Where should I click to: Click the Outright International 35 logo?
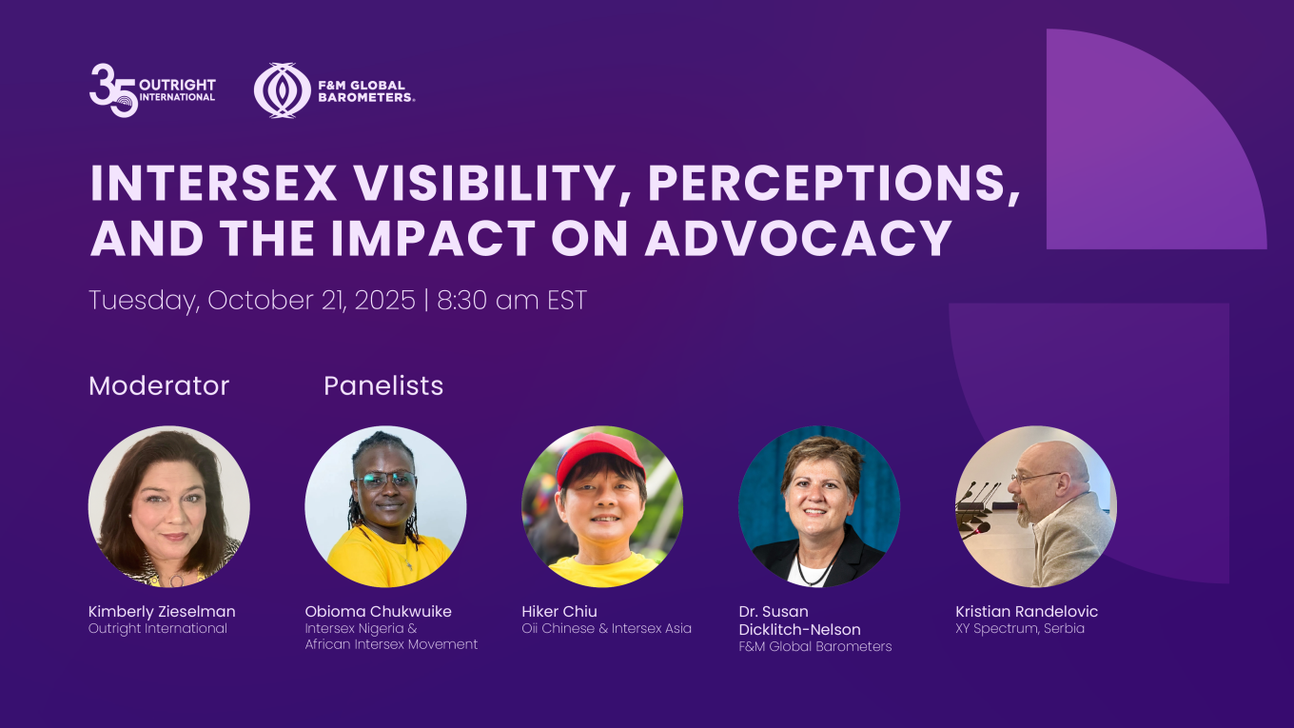[152, 90]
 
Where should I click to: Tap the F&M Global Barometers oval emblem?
[282, 90]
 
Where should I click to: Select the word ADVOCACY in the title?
[798, 238]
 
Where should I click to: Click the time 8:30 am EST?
[512, 300]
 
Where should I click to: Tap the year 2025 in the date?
[384, 300]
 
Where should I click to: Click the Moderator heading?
[159, 385]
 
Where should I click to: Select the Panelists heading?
[383, 385]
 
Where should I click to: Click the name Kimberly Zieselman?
[162, 611]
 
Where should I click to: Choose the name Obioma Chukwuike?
[379, 611]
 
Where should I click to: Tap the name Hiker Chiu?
[559, 611]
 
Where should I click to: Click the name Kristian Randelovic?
[1027, 611]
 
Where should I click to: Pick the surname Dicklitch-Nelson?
[799, 629]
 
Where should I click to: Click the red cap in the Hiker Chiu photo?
[600, 458]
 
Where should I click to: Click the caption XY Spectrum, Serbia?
[1020, 629]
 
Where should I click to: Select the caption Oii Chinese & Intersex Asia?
[607, 629]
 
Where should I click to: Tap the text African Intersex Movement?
[391, 644]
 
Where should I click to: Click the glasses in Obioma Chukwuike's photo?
[385, 480]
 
